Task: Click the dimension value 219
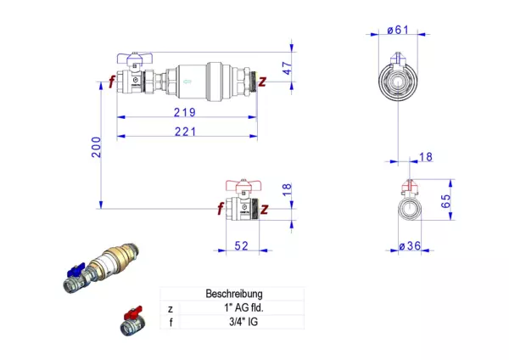185,112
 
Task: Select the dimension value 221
185,132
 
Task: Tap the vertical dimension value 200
96,147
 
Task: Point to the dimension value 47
287,68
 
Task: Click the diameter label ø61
398,30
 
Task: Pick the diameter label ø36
410,246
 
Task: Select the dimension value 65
445,201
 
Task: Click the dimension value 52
242,246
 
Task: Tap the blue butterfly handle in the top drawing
134,58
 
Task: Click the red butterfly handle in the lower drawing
243,185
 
